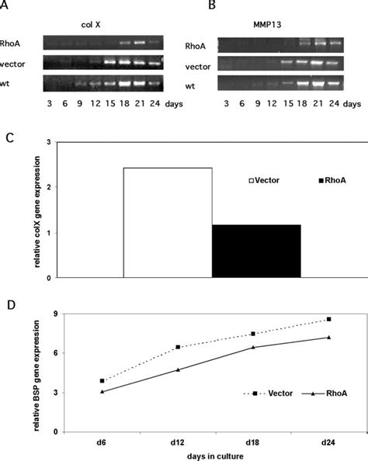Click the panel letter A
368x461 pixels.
tap(7, 7)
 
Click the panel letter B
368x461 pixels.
tap(189, 7)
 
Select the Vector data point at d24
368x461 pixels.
tap(329, 319)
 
